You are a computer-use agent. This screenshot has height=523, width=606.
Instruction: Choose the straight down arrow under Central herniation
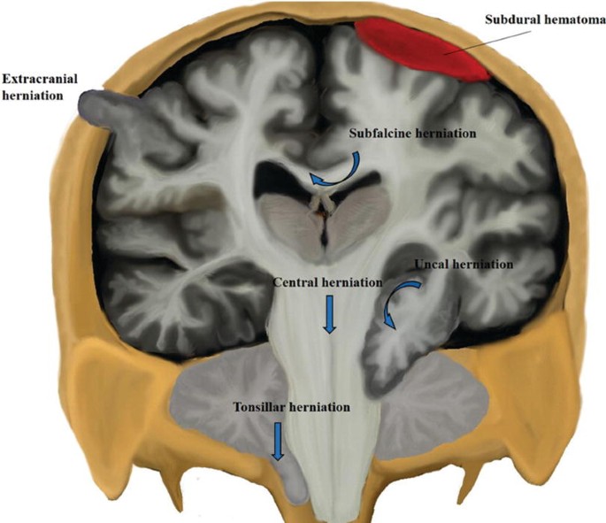tap(330, 314)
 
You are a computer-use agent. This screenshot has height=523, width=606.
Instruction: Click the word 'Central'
tap(295, 283)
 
